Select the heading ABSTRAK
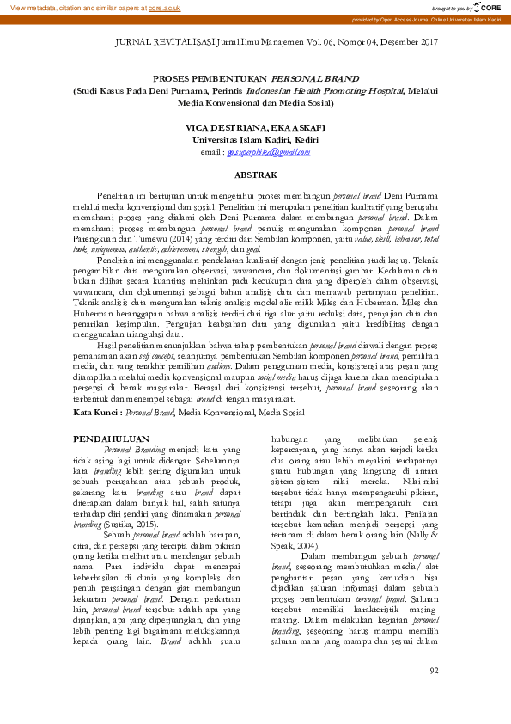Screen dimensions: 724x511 (x=255, y=174)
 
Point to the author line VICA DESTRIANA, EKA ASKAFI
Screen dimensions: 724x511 (x=255, y=127)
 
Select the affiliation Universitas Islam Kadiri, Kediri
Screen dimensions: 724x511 (x=255, y=139)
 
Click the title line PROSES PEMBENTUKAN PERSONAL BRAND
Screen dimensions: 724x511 (x=255, y=78)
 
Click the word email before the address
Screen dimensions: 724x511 (x=210, y=152)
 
